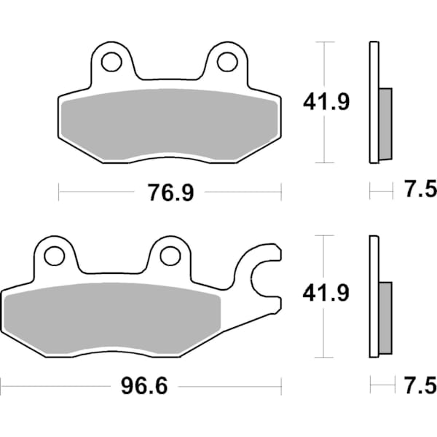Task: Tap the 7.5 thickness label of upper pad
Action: point(420,191)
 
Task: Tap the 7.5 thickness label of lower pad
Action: point(420,384)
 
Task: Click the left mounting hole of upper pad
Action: point(111,62)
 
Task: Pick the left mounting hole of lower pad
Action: point(54,256)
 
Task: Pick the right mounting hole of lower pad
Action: point(170,256)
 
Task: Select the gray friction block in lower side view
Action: point(385,315)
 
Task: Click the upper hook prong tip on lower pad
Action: point(275,254)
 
